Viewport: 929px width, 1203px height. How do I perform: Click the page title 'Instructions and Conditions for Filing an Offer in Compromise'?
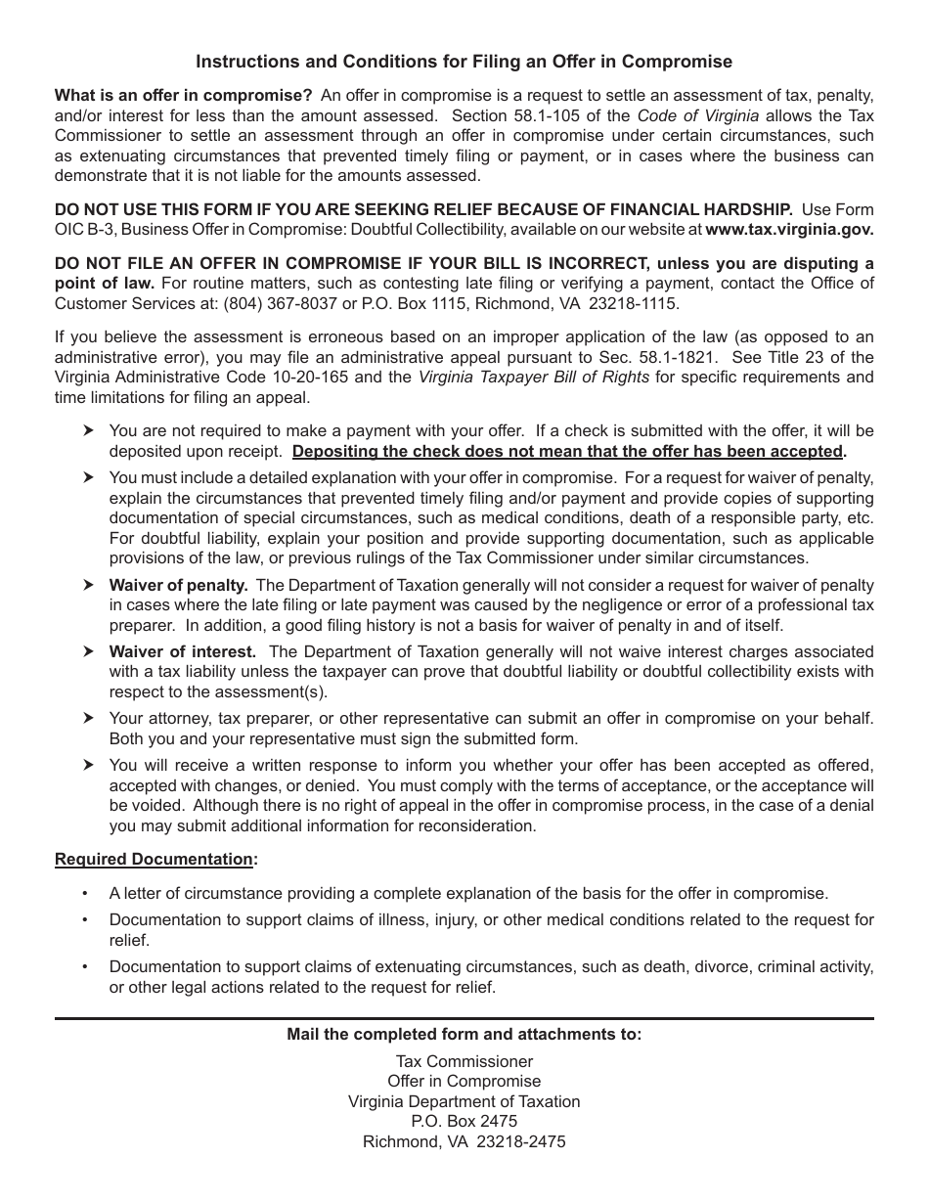464,62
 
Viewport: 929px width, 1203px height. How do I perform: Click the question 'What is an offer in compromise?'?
183,95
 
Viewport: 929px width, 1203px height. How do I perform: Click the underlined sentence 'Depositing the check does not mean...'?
567,451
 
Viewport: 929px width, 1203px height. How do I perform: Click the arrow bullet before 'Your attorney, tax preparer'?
88,718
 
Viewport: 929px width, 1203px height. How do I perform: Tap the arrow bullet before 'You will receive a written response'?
88,765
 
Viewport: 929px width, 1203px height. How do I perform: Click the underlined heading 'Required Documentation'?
154,859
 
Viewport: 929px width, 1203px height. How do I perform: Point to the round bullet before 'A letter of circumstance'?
85,893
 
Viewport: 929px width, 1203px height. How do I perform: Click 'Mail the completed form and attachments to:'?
464,1034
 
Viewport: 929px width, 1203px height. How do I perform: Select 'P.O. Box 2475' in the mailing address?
464,1121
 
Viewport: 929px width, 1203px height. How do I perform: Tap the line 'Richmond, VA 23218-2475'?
464,1141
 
